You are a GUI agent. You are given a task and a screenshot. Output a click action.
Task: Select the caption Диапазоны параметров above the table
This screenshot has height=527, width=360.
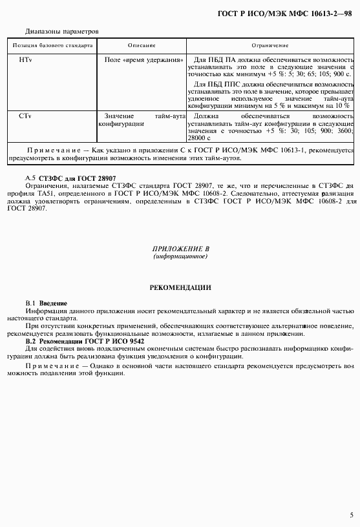pyautogui.click(x=61, y=31)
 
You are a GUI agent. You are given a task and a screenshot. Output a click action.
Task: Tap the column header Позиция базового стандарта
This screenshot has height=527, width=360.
pyautogui.click(x=52, y=46)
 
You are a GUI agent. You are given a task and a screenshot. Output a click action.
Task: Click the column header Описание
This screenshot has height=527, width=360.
pyautogui.click(x=142, y=46)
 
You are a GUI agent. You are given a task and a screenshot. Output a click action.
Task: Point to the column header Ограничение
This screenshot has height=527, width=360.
pyautogui.click(x=270, y=46)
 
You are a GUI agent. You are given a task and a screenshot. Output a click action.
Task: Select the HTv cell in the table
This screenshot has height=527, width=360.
pyautogui.click(x=26, y=59)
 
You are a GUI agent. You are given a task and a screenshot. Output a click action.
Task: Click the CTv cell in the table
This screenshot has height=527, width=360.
pyautogui.click(x=26, y=115)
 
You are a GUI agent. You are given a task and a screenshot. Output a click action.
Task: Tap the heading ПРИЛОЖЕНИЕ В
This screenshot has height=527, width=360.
pyautogui.click(x=180, y=249)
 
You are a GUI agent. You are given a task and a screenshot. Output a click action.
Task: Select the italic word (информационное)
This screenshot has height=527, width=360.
pyautogui.click(x=180, y=256)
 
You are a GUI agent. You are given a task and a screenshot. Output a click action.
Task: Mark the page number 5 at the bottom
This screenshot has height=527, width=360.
pyautogui.click(x=351, y=515)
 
